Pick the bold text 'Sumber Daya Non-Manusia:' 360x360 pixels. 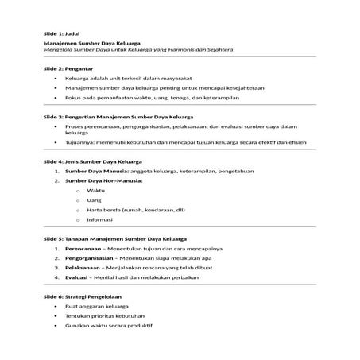99,180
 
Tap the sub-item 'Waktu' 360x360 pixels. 96,191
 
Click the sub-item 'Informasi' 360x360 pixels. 100,219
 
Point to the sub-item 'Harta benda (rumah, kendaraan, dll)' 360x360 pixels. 131,210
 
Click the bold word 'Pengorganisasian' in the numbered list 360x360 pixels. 93,258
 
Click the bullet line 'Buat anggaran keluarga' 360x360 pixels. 96,306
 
